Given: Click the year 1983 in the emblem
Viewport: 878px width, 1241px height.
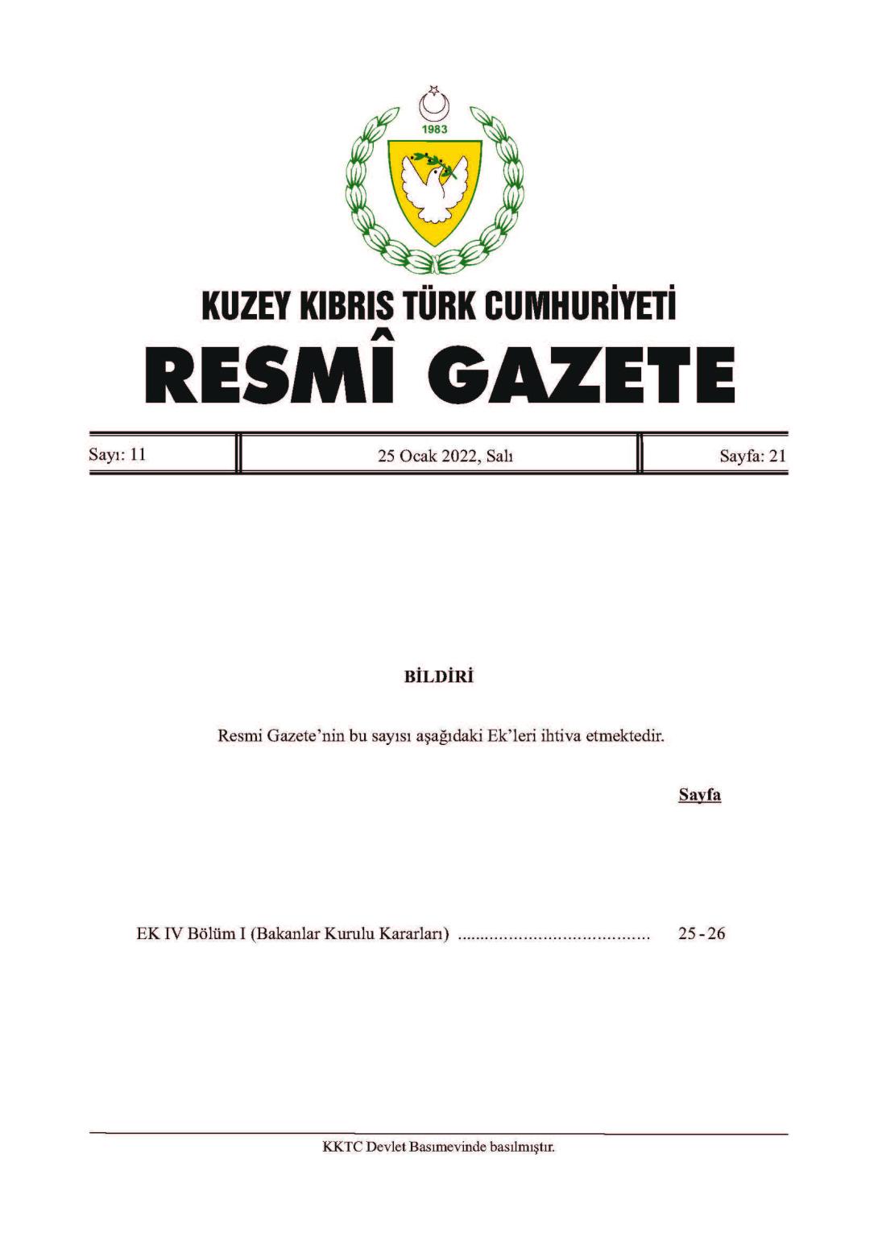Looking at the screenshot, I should point(434,130).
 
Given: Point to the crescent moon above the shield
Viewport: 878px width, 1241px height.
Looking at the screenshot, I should point(434,105).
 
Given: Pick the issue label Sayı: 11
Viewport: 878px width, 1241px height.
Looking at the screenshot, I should point(118,454).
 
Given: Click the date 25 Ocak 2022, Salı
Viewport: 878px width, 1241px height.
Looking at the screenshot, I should point(445,456).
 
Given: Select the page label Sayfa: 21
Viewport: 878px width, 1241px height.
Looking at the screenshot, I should point(752,456).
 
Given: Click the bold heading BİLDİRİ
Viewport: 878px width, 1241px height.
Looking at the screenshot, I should point(439,676).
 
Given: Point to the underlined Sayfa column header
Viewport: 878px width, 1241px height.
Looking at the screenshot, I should point(699,796).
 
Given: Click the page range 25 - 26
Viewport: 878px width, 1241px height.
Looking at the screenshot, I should point(702,934).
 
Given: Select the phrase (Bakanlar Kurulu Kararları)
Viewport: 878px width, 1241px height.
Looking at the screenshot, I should point(349,934).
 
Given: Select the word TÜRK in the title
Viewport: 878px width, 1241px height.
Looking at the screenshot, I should point(441,306).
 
